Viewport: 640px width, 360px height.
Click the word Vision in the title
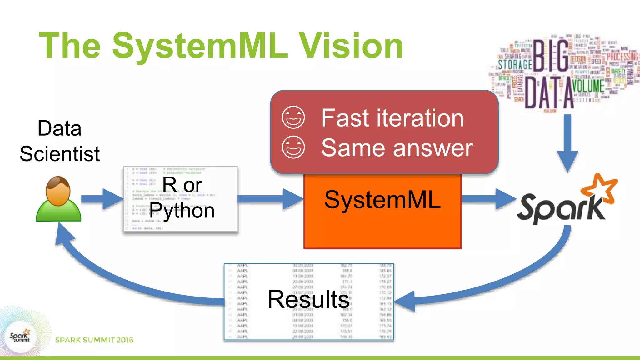[351, 46]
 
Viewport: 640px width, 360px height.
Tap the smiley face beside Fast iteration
[293, 117]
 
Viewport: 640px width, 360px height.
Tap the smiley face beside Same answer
[293, 147]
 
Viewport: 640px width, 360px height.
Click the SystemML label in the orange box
[382, 200]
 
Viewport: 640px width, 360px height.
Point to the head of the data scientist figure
[58, 191]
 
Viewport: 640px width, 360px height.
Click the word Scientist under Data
[60, 154]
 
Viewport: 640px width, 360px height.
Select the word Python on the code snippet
[182, 211]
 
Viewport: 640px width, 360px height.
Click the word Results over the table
[308, 299]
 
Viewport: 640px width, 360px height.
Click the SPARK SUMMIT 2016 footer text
[94, 340]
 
